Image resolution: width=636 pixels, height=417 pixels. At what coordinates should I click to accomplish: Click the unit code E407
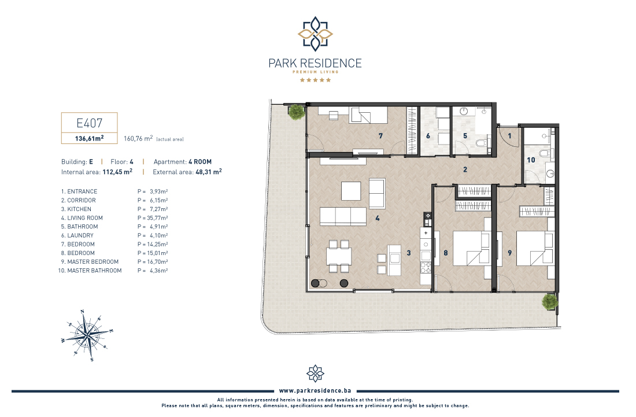[89, 123]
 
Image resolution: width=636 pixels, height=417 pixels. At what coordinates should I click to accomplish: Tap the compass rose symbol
[87, 335]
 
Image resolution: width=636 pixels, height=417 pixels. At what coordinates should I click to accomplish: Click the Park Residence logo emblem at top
[315, 34]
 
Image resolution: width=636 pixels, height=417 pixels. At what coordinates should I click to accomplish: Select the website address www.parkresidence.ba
[315, 390]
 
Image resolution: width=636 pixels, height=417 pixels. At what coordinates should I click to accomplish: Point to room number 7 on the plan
[380, 136]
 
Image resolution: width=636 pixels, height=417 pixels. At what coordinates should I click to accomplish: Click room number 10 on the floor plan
[531, 160]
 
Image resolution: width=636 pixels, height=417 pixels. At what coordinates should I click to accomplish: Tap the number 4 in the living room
[377, 218]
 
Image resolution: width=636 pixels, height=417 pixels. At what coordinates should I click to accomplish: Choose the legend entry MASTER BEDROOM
[93, 261]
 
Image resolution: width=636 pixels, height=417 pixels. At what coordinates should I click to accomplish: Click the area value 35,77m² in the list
[157, 218]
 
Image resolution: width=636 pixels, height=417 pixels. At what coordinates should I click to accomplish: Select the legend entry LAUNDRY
[80, 235]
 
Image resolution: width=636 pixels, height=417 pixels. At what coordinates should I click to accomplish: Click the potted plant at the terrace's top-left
[297, 112]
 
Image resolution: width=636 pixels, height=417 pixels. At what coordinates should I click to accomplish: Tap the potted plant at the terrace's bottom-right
[550, 302]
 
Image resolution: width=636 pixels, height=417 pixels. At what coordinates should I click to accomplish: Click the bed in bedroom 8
[471, 248]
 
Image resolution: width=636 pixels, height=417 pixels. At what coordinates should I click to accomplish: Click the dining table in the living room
[339, 256]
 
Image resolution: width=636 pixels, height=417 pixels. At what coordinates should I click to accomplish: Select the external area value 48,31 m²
[209, 172]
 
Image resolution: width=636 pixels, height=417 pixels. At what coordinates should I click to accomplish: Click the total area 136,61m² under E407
[89, 138]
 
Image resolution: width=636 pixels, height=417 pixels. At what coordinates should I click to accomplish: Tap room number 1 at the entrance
[510, 136]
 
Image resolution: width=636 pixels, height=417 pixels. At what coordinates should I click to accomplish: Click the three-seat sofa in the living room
[343, 217]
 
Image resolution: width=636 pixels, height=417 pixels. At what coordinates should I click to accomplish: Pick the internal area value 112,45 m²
[117, 172]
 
